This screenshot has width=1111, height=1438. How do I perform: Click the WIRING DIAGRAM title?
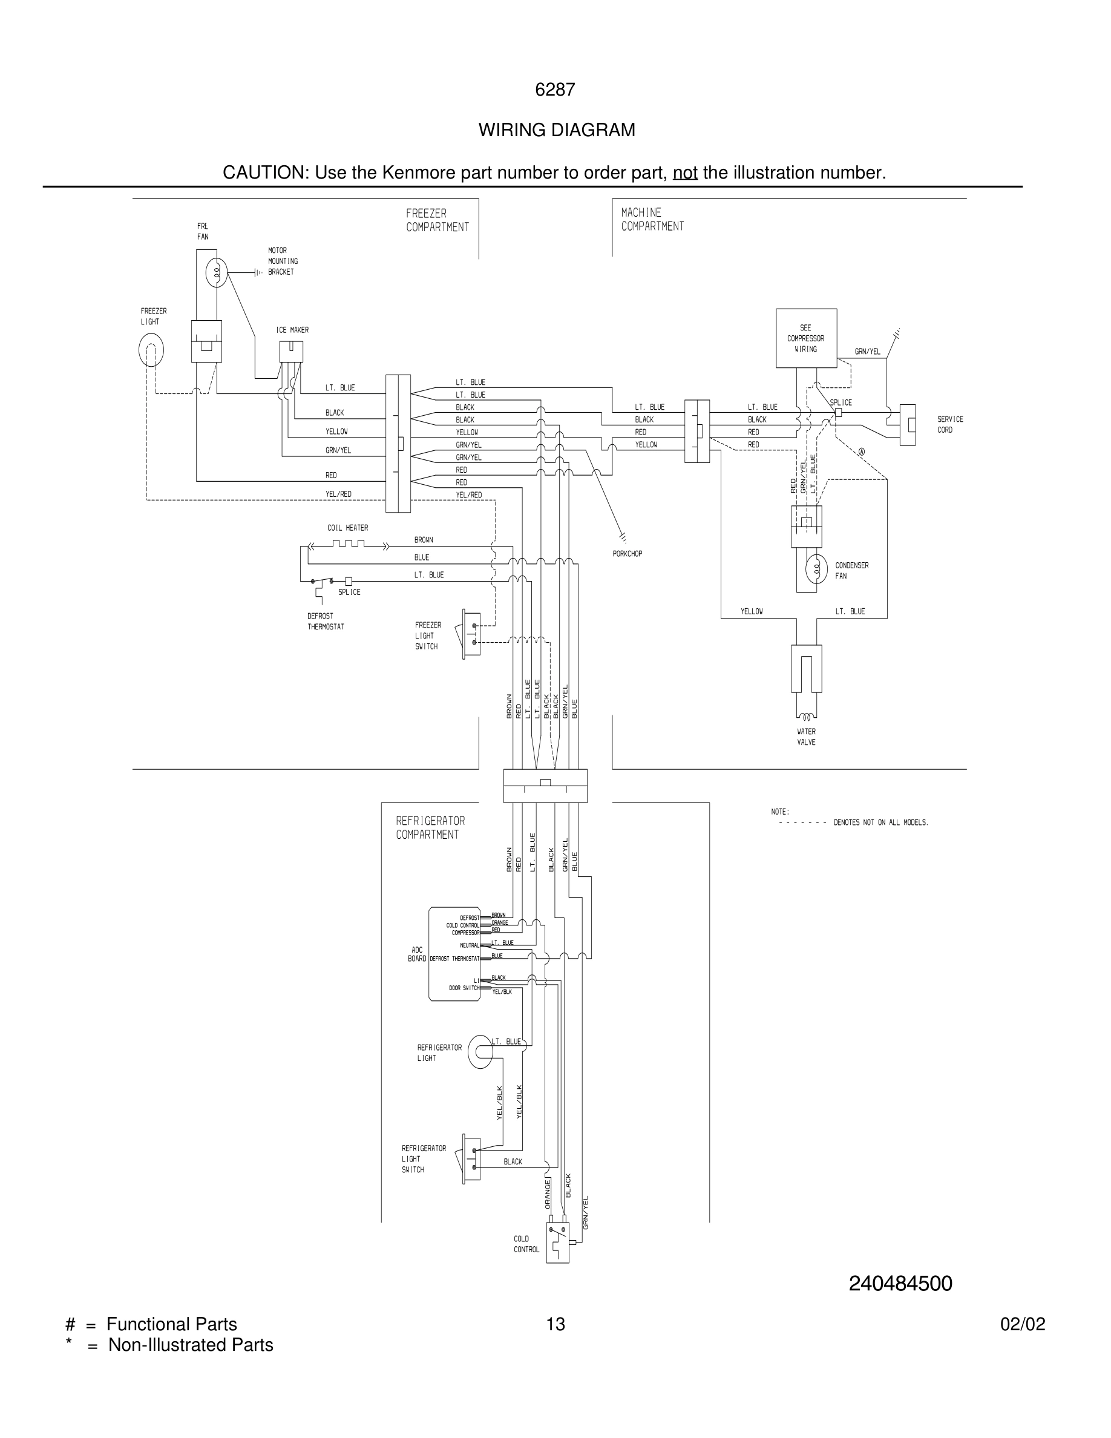click(556, 130)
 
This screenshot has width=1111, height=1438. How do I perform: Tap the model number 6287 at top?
click(555, 90)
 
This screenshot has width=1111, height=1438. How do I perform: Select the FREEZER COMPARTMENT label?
click(437, 220)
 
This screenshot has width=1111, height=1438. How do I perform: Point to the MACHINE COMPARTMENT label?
click(652, 219)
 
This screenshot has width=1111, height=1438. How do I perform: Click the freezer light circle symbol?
click(151, 350)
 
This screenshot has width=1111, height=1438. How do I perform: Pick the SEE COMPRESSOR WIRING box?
click(805, 338)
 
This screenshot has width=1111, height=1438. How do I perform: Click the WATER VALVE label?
click(805, 737)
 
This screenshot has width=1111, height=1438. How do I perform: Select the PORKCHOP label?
click(626, 554)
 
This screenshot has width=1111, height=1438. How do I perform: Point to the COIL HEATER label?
click(347, 528)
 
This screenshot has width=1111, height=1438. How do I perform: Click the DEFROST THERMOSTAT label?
click(325, 622)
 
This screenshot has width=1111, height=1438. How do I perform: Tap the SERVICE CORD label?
click(950, 424)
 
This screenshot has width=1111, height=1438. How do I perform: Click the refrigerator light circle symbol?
click(480, 1052)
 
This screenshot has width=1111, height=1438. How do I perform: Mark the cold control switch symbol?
click(558, 1243)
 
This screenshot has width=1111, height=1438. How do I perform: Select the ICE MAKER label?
click(292, 330)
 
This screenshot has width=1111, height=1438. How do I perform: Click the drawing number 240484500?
click(900, 1283)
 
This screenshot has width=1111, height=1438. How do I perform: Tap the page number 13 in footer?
click(555, 1324)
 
